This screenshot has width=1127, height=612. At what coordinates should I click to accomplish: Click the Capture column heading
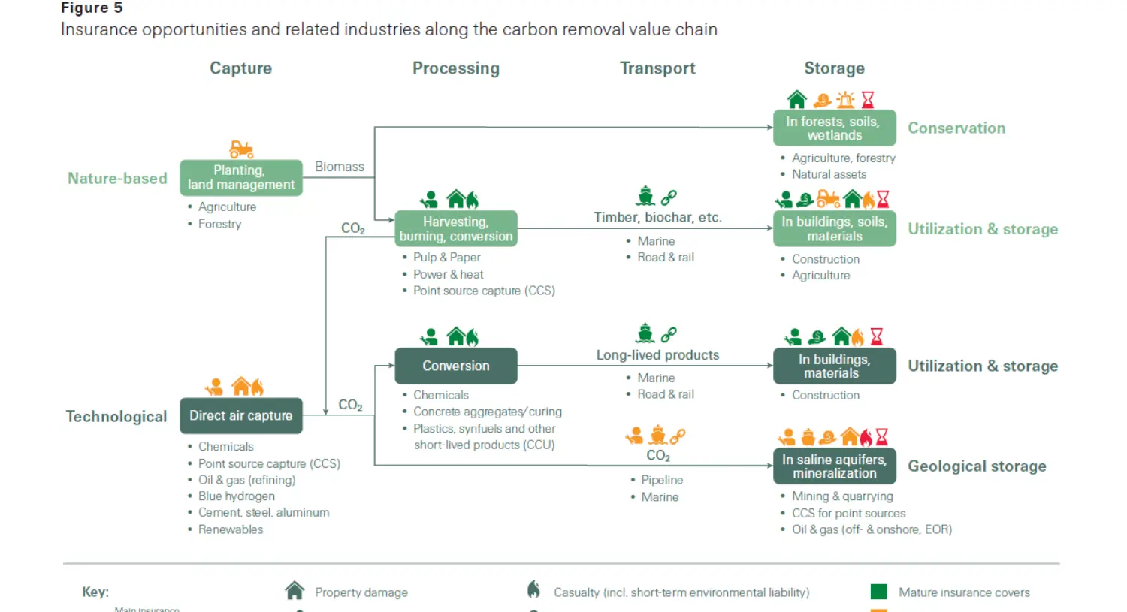tap(240, 68)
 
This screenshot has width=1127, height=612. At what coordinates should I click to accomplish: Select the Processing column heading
tap(455, 68)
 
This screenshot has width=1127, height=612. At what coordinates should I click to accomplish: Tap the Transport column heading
tap(657, 68)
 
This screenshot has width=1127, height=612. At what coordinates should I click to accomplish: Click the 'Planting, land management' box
tap(240, 178)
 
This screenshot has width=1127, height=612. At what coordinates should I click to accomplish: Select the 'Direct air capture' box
tap(240, 416)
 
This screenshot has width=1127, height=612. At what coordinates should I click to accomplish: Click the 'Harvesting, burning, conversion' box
tap(455, 229)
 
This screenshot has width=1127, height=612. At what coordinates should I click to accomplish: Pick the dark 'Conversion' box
tap(455, 366)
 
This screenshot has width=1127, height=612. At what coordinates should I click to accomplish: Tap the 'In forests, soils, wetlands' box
tap(834, 128)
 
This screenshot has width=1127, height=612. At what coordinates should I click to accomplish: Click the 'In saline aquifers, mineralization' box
tap(834, 466)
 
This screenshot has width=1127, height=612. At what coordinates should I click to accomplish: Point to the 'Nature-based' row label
tap(117, 179)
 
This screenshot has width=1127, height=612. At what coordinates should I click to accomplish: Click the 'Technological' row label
tap(116, 417)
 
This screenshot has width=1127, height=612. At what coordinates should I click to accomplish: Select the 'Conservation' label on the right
tap(956, 128)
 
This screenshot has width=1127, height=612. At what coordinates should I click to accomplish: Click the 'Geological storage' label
tap(977, 466)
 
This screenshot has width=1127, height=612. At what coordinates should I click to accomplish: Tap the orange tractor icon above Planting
tap(241, 149)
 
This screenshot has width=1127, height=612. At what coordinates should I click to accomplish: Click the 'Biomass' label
tap(339, 167)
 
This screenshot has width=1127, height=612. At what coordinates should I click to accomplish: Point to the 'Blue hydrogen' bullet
tap(236, 496)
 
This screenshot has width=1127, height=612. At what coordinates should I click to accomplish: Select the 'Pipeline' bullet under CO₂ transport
tap(661, 480)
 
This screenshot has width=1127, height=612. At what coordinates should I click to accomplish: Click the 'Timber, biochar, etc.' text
tap(657, 218)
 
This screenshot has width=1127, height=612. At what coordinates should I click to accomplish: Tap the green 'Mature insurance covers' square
tap(878, 592)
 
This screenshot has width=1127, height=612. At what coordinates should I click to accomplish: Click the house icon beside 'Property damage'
tap(295, 591)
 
